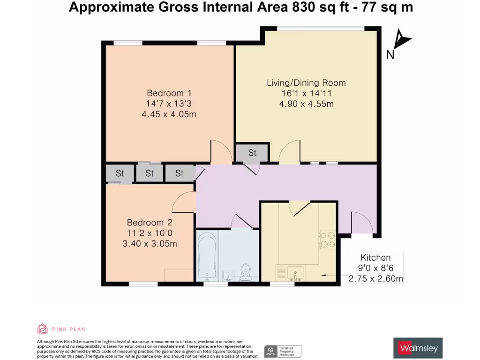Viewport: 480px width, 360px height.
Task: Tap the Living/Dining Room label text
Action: click(306, 83)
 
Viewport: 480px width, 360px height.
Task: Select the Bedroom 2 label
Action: click(146, 222)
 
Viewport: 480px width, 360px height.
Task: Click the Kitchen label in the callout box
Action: click(375, 257)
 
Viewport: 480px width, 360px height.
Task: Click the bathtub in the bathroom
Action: click(205, 256)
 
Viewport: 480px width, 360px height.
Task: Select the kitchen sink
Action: click(295, 272)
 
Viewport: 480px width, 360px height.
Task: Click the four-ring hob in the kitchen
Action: click(326, 240)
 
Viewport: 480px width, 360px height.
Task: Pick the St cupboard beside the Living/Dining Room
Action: click(252, 153)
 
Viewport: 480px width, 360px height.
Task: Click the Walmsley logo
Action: click(417, 348)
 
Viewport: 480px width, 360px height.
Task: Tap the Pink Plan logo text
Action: click(68, 329)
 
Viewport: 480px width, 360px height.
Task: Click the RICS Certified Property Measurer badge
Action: click(283, 351)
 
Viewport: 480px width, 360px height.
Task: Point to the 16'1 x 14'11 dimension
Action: click(306, 93)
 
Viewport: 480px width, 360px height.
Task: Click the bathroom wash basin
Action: click(228, 275)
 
